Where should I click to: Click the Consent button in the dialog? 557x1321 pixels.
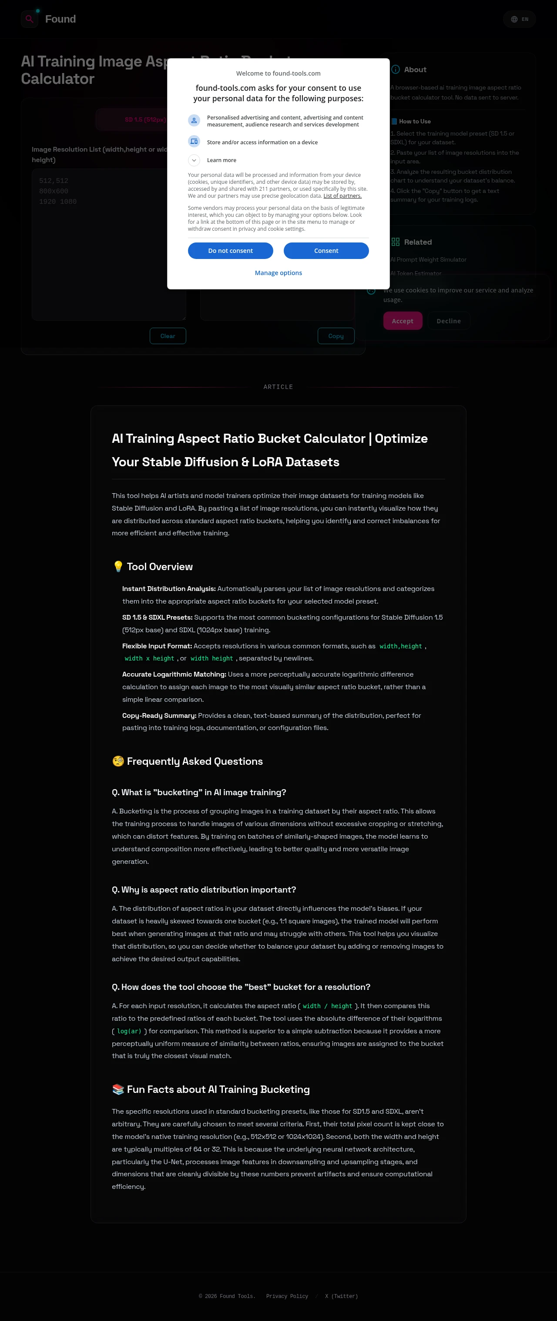tap(326, 251)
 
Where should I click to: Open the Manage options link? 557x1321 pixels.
tap(278, 273)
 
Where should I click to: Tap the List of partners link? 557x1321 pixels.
tap(342, 196)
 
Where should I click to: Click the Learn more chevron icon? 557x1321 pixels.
tap(194, 160)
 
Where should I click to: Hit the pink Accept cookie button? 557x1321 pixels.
tap(403, 321)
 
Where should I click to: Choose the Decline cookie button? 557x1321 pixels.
tap(449, 321)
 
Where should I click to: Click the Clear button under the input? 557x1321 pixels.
tap(168, 336)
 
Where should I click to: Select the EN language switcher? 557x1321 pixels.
tap(520, 20)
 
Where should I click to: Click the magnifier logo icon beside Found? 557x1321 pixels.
tap(30, 19)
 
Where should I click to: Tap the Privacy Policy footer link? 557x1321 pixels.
tap(287, 1296)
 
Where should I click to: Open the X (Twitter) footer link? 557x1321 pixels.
tap(342, 1296)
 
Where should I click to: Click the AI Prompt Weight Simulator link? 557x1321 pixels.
tap(429, 259)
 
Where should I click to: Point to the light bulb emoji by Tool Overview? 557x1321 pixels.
tap(118, 566)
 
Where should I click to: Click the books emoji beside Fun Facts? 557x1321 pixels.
tap(118, 1089)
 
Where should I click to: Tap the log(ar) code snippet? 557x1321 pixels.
tap(129, 1031)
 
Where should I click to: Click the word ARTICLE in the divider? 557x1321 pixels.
tap(278, 387)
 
